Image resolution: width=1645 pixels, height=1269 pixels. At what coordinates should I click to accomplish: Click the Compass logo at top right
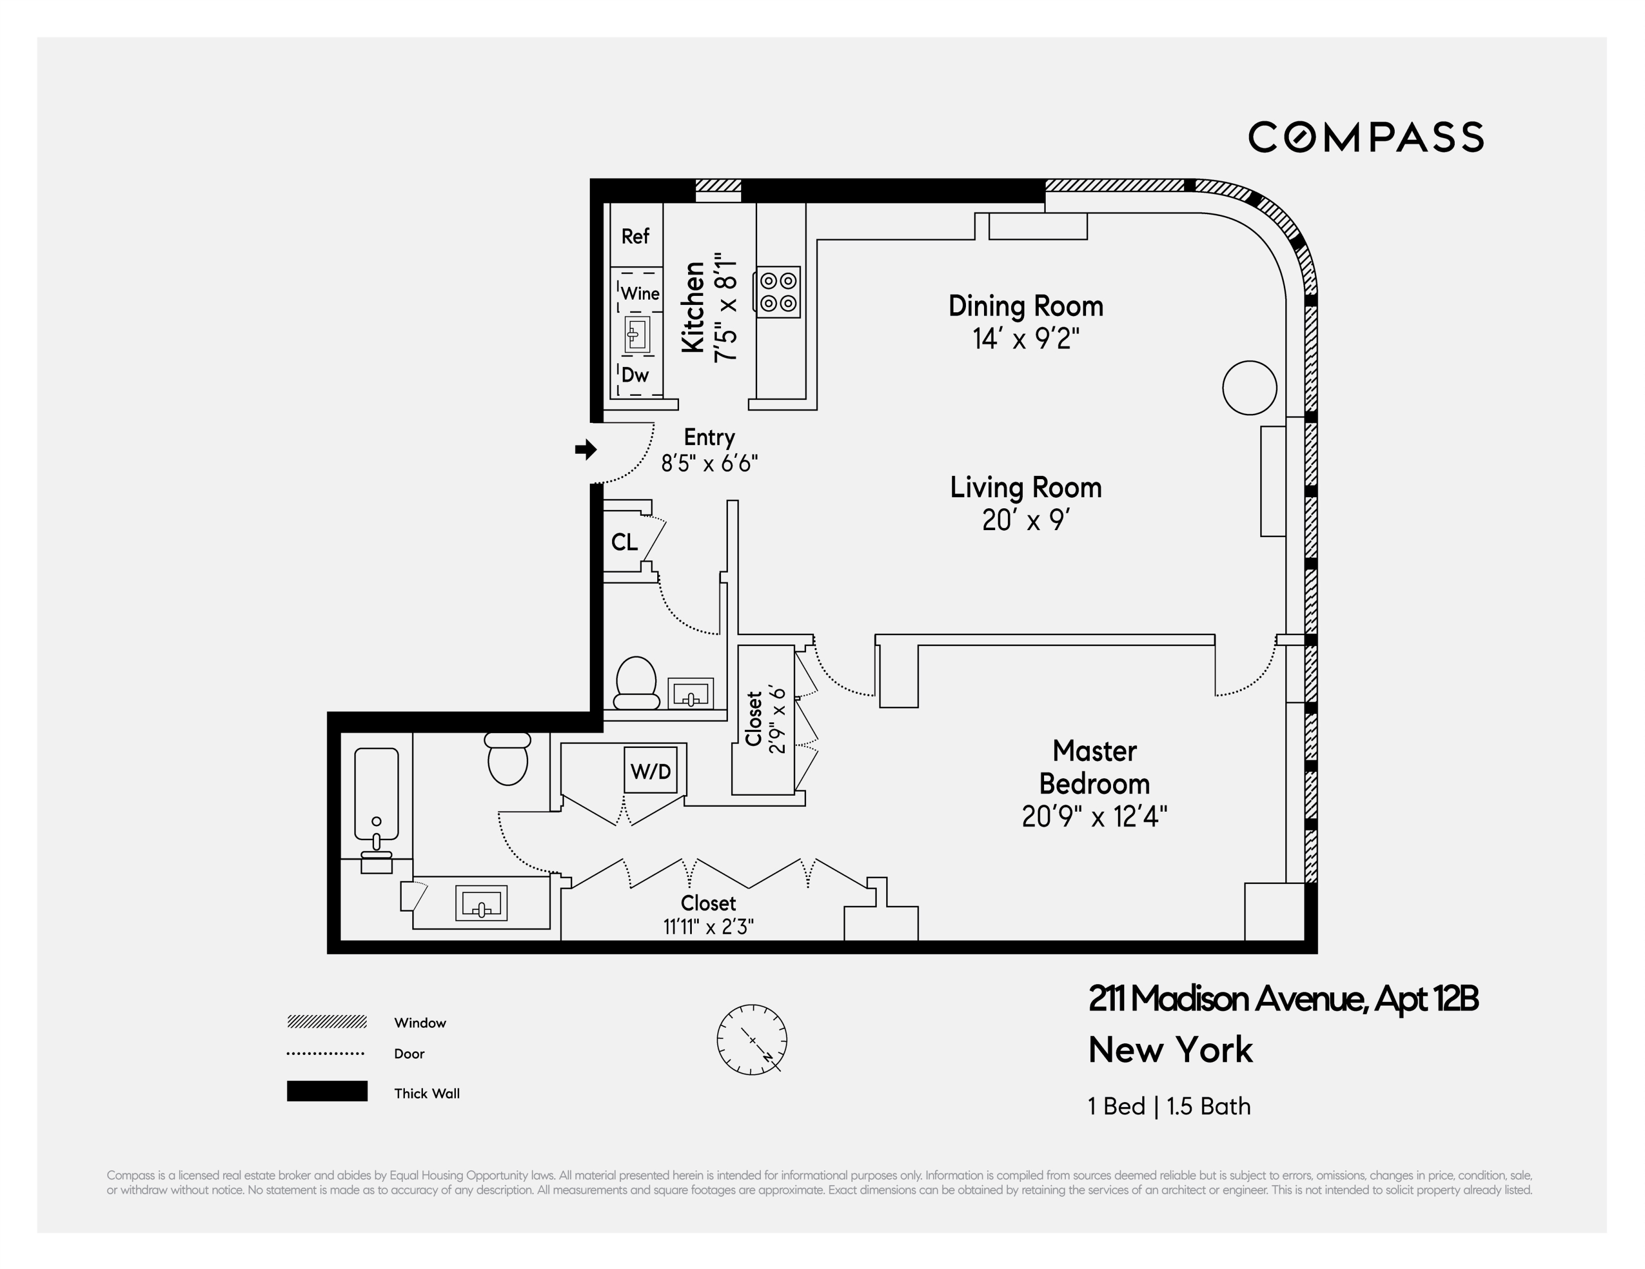1366,137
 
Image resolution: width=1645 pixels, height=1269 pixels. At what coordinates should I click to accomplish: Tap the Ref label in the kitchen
635,236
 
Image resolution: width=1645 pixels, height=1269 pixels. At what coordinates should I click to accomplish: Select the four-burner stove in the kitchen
778,292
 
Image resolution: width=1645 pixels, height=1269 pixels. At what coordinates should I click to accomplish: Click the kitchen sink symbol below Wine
637,335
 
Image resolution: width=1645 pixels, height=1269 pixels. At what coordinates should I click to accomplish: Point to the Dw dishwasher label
635,375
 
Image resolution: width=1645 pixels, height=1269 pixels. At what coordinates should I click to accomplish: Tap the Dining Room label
1025,306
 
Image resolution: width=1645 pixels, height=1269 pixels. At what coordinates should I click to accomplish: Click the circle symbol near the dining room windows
1249,388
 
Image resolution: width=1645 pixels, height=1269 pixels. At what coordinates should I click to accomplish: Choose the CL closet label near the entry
624,542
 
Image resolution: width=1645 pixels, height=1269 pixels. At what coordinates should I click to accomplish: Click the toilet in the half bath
637,683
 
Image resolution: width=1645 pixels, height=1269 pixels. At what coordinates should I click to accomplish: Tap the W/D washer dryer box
651,771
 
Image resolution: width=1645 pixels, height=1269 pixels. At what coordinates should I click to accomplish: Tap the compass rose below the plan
752,1040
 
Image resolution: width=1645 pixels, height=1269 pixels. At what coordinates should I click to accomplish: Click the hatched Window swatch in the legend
327,1022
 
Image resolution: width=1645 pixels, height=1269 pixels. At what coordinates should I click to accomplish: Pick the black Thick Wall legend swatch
327,1091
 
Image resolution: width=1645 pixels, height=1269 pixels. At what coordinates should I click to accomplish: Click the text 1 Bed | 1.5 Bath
1169,1106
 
